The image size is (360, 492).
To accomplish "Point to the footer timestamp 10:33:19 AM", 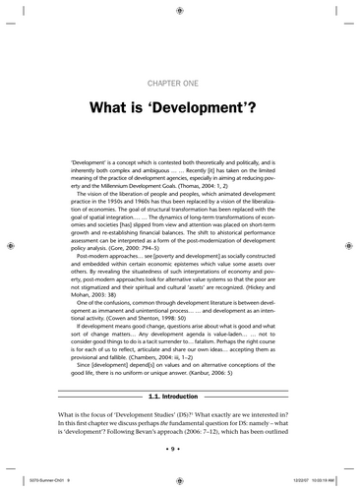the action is pos(326,480).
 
